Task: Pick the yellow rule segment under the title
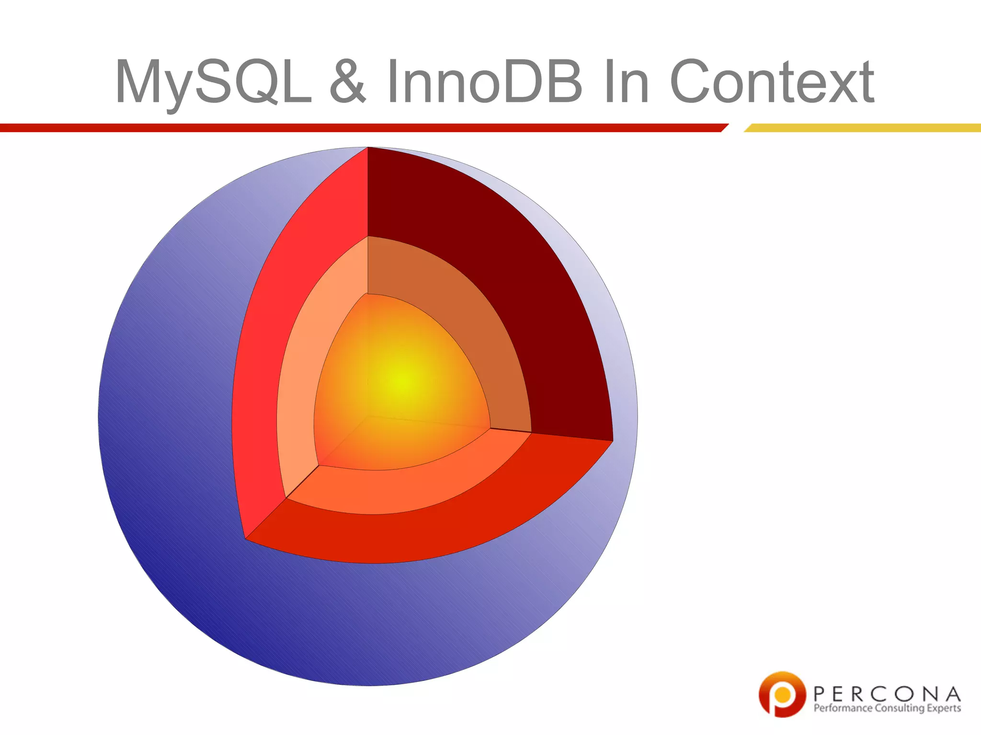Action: click(862, 128)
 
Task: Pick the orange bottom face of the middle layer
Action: click(407, 488)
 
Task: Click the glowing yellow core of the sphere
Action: click(400, 383)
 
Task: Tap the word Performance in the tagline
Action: click(843, 708)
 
